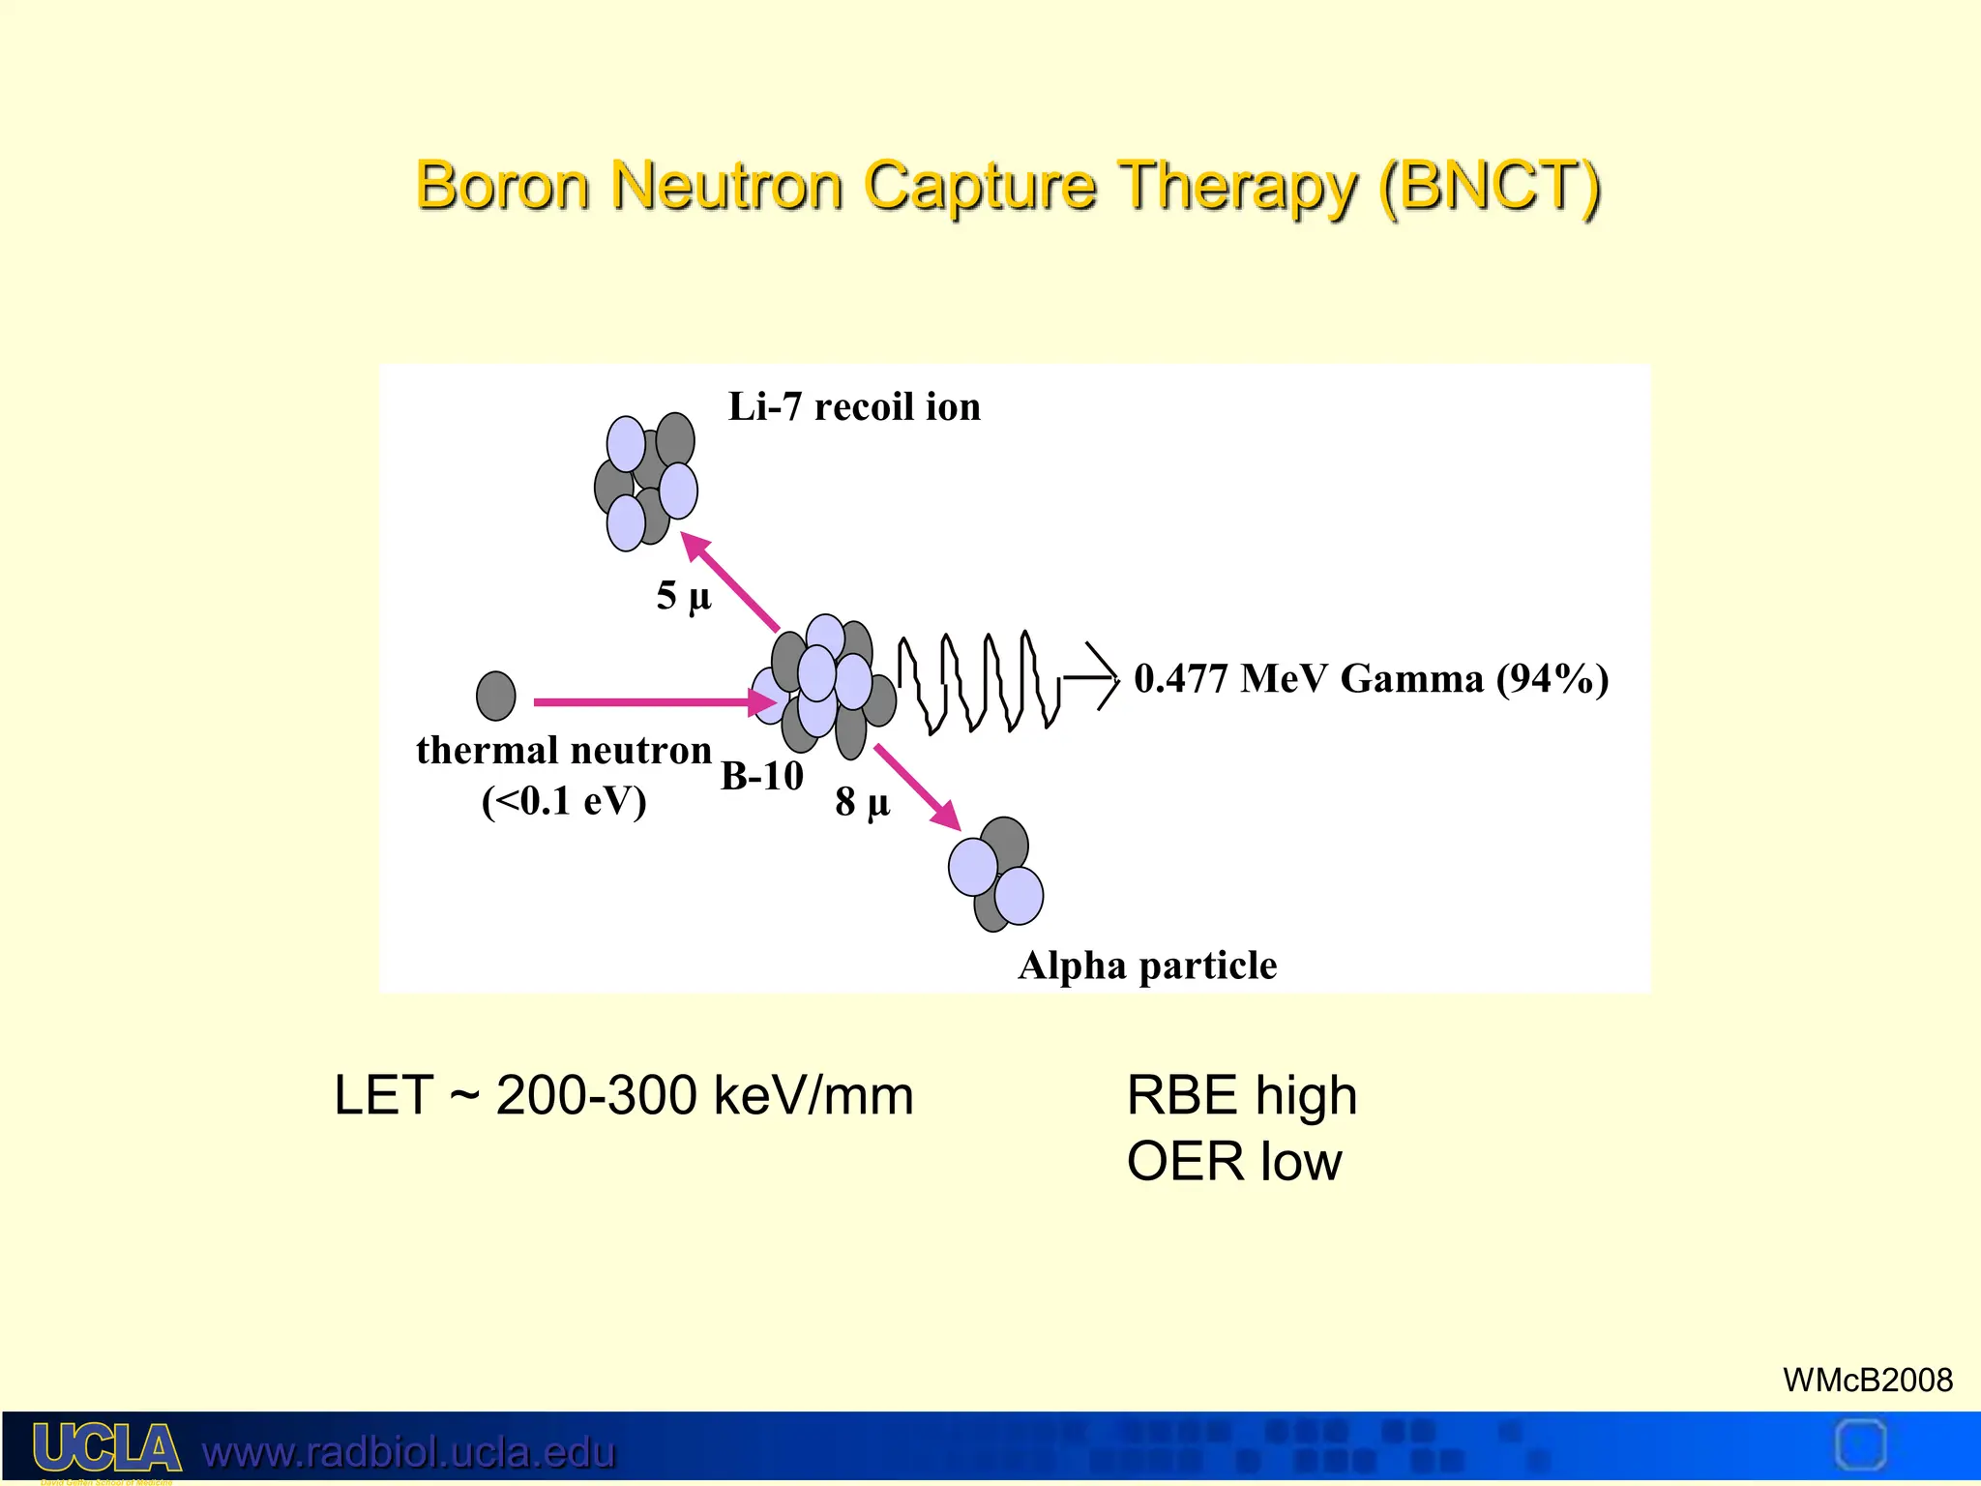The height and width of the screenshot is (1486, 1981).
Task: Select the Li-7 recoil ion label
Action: (854, 406)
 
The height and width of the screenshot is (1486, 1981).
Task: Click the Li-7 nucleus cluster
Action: (646, 481)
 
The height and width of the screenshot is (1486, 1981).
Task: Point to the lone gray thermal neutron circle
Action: (496, 696)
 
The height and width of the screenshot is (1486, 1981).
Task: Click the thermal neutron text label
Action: (564, 751)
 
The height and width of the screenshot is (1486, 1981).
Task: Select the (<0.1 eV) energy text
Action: (564, 801)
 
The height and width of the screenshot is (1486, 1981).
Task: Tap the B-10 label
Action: (762, 776)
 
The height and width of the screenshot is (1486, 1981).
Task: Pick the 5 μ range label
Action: (684, 595)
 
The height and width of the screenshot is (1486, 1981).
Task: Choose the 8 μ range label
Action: (862, 802)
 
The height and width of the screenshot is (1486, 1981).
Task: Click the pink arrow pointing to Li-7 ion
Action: (730, 580)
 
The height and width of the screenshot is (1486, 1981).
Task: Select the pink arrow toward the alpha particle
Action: (917, 787)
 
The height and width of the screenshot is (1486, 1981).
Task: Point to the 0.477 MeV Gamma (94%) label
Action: (1371, 679)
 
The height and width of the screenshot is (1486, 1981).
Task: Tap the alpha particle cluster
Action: (997, 874)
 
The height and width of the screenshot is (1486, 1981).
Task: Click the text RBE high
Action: (1242, 1095)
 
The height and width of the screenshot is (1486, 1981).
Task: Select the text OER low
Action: (1234, 1161)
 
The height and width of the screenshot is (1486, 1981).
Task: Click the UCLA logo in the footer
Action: (106, 1448)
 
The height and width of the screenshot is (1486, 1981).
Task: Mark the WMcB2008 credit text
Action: (1867, 1380)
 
